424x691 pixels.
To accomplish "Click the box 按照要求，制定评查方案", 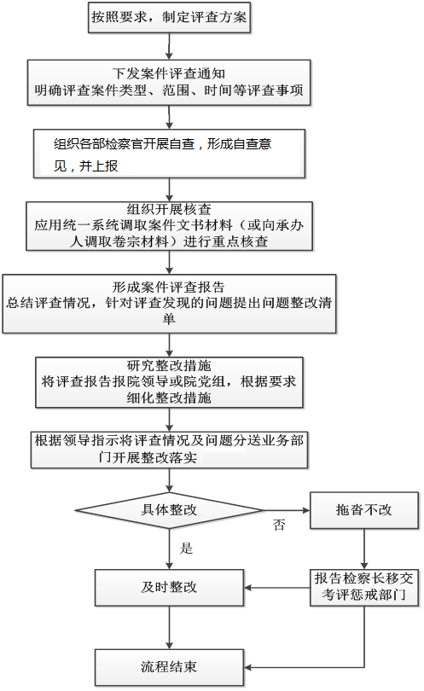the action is [169, 17].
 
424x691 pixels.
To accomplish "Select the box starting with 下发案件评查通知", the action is [169, 83].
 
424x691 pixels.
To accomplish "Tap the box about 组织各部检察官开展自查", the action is [169, 154].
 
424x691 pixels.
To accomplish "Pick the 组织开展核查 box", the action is [169, 226].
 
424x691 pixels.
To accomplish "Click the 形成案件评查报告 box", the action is [169, 304].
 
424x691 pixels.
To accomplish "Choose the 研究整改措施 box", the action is [169, 382].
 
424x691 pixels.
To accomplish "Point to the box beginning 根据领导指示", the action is [169, 450].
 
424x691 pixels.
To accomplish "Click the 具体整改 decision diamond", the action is [169, 510].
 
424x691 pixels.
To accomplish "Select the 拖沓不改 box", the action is [364, 510].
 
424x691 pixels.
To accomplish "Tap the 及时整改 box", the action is [169, 588].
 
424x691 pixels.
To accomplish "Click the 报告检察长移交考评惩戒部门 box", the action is [364, 588].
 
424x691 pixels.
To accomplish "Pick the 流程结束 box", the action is [169, 667].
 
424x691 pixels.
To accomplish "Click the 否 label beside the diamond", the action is [279, 525].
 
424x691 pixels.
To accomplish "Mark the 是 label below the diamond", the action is [187, 549].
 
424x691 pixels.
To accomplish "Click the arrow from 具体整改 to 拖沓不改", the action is [287, 510].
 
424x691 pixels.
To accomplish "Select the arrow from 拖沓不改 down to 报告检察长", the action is [364, 549].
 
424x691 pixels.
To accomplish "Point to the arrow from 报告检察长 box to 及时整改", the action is [276, 588].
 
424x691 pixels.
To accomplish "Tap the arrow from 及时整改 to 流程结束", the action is [169, 628].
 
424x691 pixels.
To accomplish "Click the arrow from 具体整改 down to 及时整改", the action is [169, 549].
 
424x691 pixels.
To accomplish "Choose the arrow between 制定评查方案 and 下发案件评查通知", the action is [169, 46].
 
